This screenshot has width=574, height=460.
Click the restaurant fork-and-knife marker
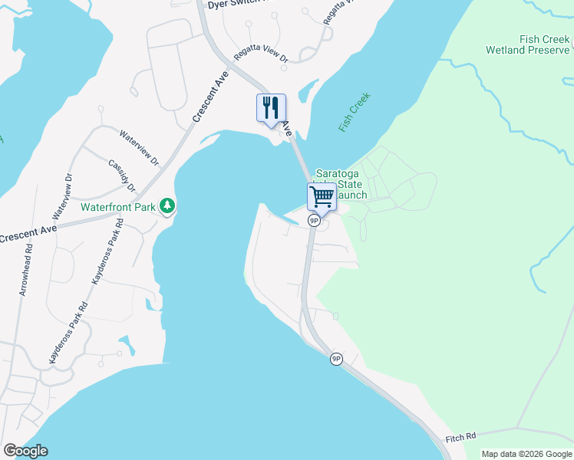[x=270, y=107]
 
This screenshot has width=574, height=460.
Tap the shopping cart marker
[x=322, y=196]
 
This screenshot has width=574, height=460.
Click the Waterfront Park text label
[x=119, y=206]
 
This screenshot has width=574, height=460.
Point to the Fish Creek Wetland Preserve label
[x=528, y=44]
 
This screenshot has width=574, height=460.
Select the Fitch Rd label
[x=460, y=440]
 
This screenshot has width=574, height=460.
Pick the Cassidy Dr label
[x=122, y=176]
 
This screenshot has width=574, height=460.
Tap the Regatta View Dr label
[x=261, y=56]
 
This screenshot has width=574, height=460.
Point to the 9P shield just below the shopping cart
[x=314, y=220]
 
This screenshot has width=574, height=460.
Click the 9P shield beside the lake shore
[x=336, y=359]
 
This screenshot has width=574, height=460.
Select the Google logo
[x=25, y=451]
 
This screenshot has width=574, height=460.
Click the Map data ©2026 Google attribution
[x=526, y=454]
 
